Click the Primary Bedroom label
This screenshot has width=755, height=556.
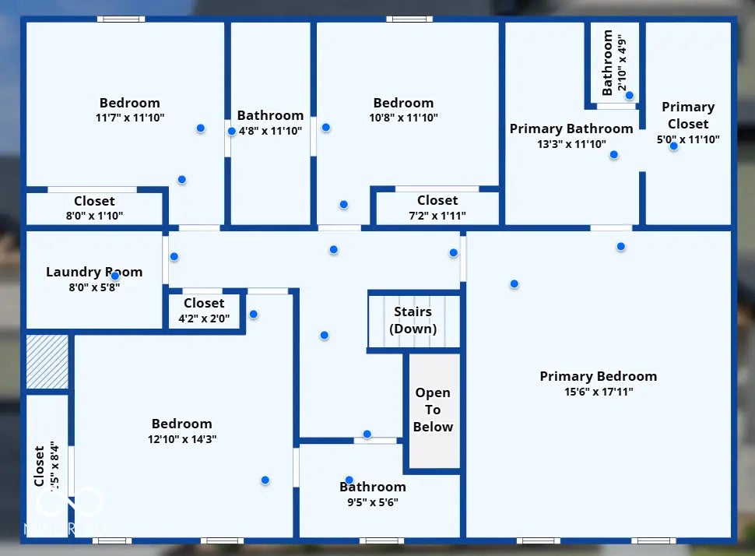(x=598, y=377)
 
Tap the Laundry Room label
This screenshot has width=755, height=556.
(x=94, y=272)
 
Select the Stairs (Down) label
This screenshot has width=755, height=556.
(x=413, y=320)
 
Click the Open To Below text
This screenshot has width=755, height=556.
(x=433, y=410)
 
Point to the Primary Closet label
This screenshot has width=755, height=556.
(x=688, y=115)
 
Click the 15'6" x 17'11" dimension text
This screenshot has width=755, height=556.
(x=598, y=392)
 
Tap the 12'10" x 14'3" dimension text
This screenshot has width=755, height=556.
(x=181, y=438)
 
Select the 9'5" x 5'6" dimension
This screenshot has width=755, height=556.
(x=372, y=502)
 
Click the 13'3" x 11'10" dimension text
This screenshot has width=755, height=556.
(x=571, y=143)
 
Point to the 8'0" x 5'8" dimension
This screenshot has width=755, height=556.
(x=94, y=287)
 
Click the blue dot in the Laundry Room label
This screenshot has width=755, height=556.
(x=115, y=276)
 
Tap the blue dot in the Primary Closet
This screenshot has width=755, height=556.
(x=673, y=146)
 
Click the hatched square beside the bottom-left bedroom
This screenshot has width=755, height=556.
(x=47, y=361)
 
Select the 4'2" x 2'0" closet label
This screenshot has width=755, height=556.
(x=204, y=318)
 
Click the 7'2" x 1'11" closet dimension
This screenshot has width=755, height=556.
(x=437, y=215)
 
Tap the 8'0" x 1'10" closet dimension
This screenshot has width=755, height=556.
(x=94, y=216)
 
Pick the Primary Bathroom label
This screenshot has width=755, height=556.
(x=571, y=128)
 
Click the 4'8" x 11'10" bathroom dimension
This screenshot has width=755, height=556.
(x=270, y=131)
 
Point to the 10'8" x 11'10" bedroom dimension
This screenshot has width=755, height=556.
(x=402, y=118)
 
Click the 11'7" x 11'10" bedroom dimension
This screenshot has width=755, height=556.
(x=129, y=118)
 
